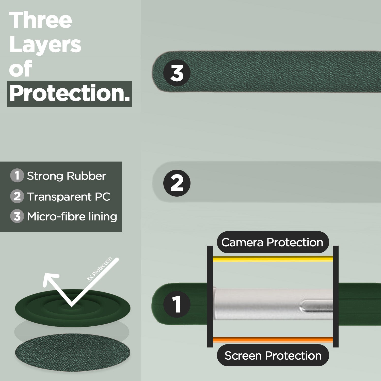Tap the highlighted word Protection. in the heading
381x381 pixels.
click(70, 94)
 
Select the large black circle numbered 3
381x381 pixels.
click(177, 73)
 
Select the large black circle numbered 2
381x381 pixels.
click(177, 183)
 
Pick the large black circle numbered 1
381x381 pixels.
click(177, 304)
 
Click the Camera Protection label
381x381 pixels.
click(273, 242)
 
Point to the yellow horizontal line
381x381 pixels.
click(273, 259)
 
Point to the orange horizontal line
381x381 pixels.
click(273, 340)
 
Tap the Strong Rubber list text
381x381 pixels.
click(67, 176)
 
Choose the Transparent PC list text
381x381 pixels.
click(69, 197)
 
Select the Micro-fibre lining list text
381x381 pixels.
click(72, 216)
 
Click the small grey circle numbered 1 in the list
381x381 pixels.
click(17, 176)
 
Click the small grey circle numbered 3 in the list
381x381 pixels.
click(17, 216)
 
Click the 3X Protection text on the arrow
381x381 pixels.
click(99, 269)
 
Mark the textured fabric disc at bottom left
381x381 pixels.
click(72, 352)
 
